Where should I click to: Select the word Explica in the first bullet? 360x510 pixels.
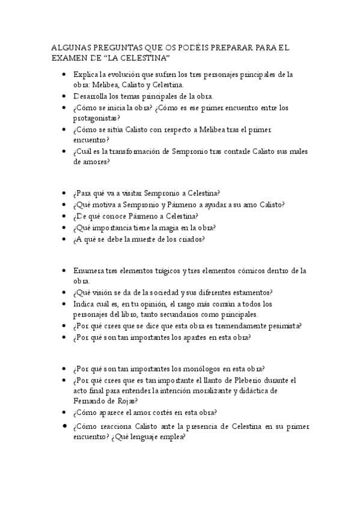click(85, 75)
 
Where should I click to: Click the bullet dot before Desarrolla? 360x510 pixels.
click(64, 96)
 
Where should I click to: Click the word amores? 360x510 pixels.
click(96, 162)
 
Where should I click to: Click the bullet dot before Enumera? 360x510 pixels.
click(64, 271)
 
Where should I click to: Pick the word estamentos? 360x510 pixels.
click(251, 292)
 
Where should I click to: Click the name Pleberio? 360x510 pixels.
click(247, 380)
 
